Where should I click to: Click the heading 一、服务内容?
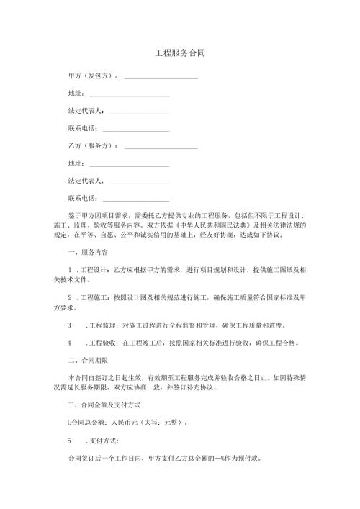click(x=87, y=252)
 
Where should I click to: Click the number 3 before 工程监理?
click(x=68, y=323)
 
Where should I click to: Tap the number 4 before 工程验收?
click(x=68, y=341)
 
